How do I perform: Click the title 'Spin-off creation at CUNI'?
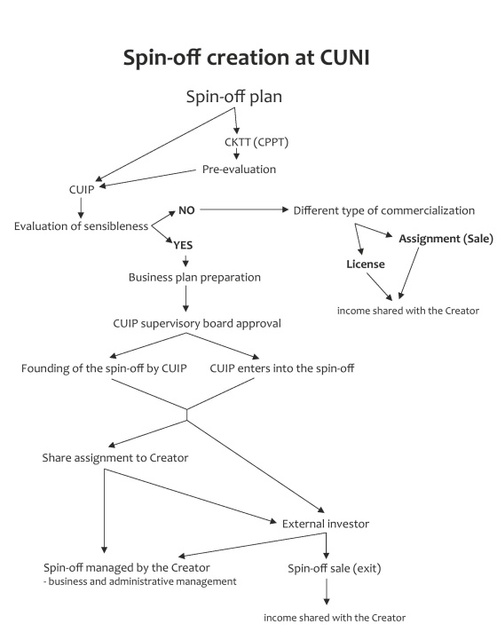pyautogui.click(x=247, y=58)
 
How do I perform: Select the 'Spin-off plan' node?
pyautogui.click(x=233, y=97)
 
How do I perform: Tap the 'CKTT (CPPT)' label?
pyautogui.click(x=256, y=142)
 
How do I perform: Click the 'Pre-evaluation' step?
pyautogui.click(x=239, y=170)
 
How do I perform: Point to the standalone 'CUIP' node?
pyautogui.click(x=82, y=189)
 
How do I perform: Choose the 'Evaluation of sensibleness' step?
pyautogui.click(x=81, y=226)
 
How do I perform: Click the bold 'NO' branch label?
pyautogui.click(x=186, y=210)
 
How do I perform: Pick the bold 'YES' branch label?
pyautogui.click(x=183, y=245)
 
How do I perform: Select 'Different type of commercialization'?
pyautogui.click(x=384, y=210)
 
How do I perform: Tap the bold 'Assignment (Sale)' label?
pyautogui.click(x=446, y=239)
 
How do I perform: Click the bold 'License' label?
pyautogui.click(x=366, y=265)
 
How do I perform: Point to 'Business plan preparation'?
pyautogui.click(x=194, y=278)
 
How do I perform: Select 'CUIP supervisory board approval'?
pyautogui.click(x=197, y=324)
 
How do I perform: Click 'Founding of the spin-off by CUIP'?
pyautogui.click(x=104, y=368)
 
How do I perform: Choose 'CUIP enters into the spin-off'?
pyautogui.click(x=282, y=368)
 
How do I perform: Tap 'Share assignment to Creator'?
pyautogui.click(x=115, y=458)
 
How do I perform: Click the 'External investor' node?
pyautogui.click(x=326, y=524)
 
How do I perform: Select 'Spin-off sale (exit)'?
pyautogui.click(x=335, y=569)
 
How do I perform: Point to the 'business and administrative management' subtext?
pyautogui.click(x=140, y=581)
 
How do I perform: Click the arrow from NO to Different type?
pyautogui.click(x=244, y=209)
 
